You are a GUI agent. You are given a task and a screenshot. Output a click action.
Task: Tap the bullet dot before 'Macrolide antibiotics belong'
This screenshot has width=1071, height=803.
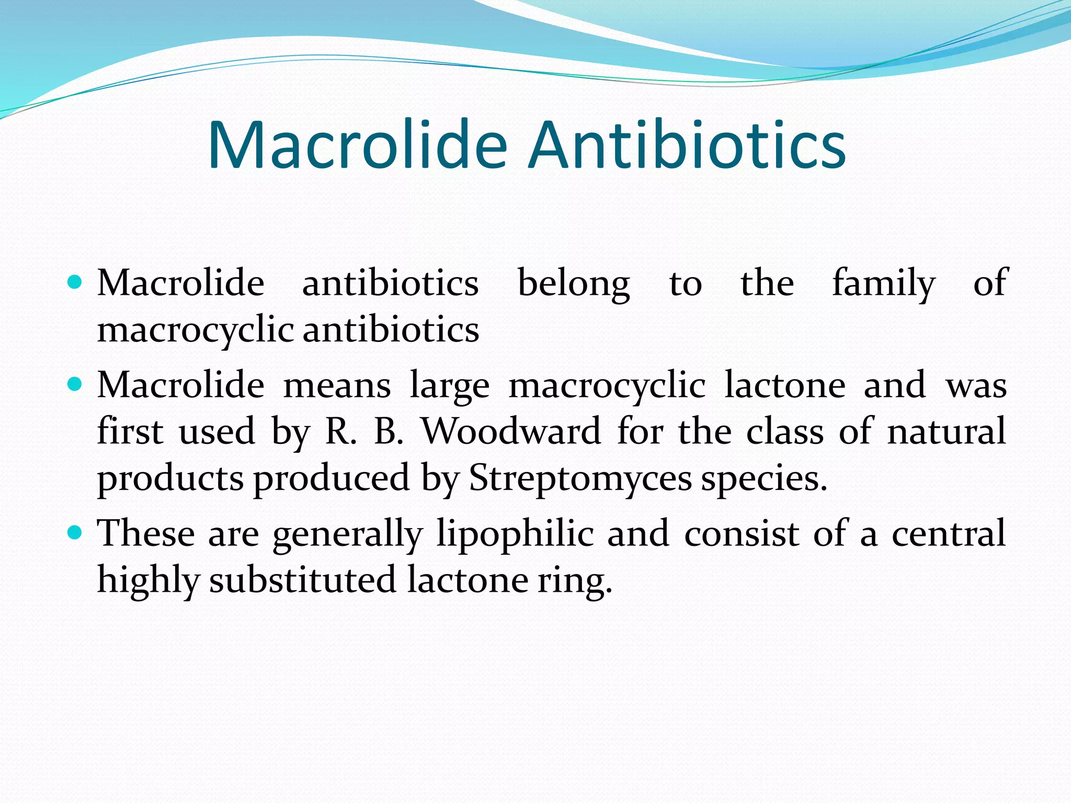pos(75,283)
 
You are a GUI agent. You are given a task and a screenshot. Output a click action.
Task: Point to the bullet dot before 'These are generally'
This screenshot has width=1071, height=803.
pos(75,533)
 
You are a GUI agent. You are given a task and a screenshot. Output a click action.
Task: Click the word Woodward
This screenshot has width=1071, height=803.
pos(511,432)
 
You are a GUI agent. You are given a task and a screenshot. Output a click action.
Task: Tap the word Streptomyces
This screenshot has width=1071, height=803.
pos(580,478)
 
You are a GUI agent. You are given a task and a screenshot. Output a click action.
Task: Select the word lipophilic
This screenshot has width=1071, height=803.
pos(515,534)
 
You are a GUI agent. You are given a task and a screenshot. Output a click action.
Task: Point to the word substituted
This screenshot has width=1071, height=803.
pos(302,580)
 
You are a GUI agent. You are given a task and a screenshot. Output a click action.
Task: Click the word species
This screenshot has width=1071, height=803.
pos(764,479)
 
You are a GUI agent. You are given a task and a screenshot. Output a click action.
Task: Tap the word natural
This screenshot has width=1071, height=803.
pos(947,432)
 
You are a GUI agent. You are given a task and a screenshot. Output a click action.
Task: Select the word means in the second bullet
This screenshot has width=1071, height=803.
pos(337,386)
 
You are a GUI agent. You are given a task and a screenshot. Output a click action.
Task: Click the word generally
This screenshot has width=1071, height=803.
pos(347,534)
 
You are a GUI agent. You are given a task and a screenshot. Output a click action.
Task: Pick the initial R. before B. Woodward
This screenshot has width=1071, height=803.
pos(340,432)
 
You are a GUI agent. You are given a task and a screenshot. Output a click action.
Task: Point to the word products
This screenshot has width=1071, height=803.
pos(170,479)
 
